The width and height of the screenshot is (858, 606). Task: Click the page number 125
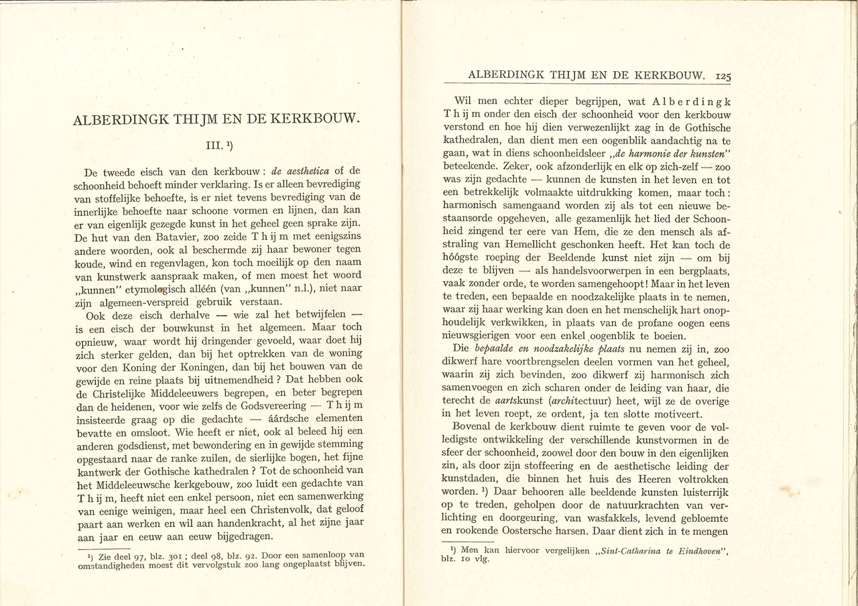[722, 76]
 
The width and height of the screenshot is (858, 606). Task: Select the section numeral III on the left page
[211, 144]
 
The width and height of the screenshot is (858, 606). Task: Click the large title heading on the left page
[217, 121]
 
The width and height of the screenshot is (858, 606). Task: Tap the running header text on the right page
[586, 76]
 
